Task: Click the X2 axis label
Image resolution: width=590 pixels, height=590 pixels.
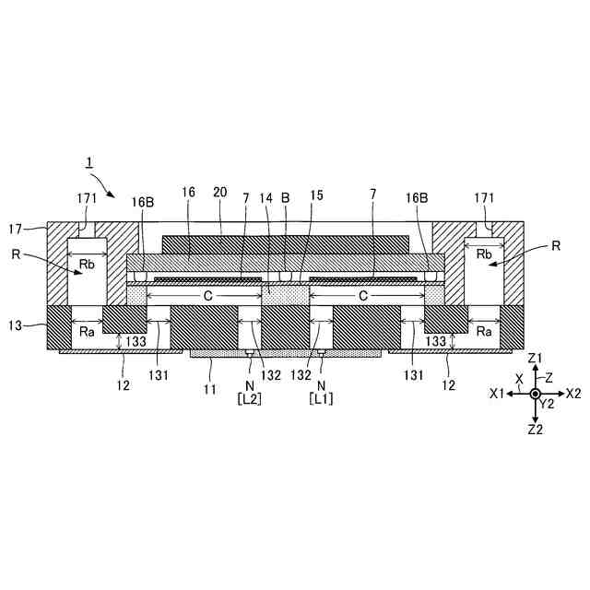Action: [572, 393]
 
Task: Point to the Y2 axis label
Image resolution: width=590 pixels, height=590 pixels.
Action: [548, 404]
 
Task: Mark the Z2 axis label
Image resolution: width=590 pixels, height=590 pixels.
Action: [536, 430]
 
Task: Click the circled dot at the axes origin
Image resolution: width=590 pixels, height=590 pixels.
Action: [536, 394]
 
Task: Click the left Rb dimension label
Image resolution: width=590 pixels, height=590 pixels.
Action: [87, 262]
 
